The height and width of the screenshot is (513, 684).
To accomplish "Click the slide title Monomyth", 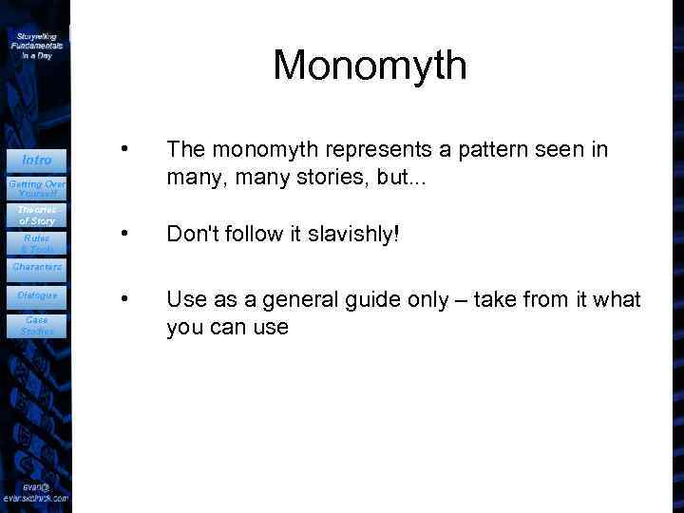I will (x=370, y=66).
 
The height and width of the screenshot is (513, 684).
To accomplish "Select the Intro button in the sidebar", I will (x=37, y=160).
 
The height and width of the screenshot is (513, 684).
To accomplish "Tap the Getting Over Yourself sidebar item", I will (x=37, y=187).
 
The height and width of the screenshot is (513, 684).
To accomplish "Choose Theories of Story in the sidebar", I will (x=37, y=215).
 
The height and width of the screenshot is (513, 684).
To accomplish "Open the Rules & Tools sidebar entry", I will (x=37, y=243).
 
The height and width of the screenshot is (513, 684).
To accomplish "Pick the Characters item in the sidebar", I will (x=37, y=268).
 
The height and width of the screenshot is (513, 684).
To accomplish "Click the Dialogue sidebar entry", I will (x=37, y=295).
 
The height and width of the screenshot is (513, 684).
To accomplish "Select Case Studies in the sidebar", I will (x=37, y=325).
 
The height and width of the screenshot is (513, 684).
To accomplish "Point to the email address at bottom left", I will (x=35, y=491).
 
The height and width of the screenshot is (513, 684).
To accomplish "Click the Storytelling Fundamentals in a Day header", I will (x=37, y=45).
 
